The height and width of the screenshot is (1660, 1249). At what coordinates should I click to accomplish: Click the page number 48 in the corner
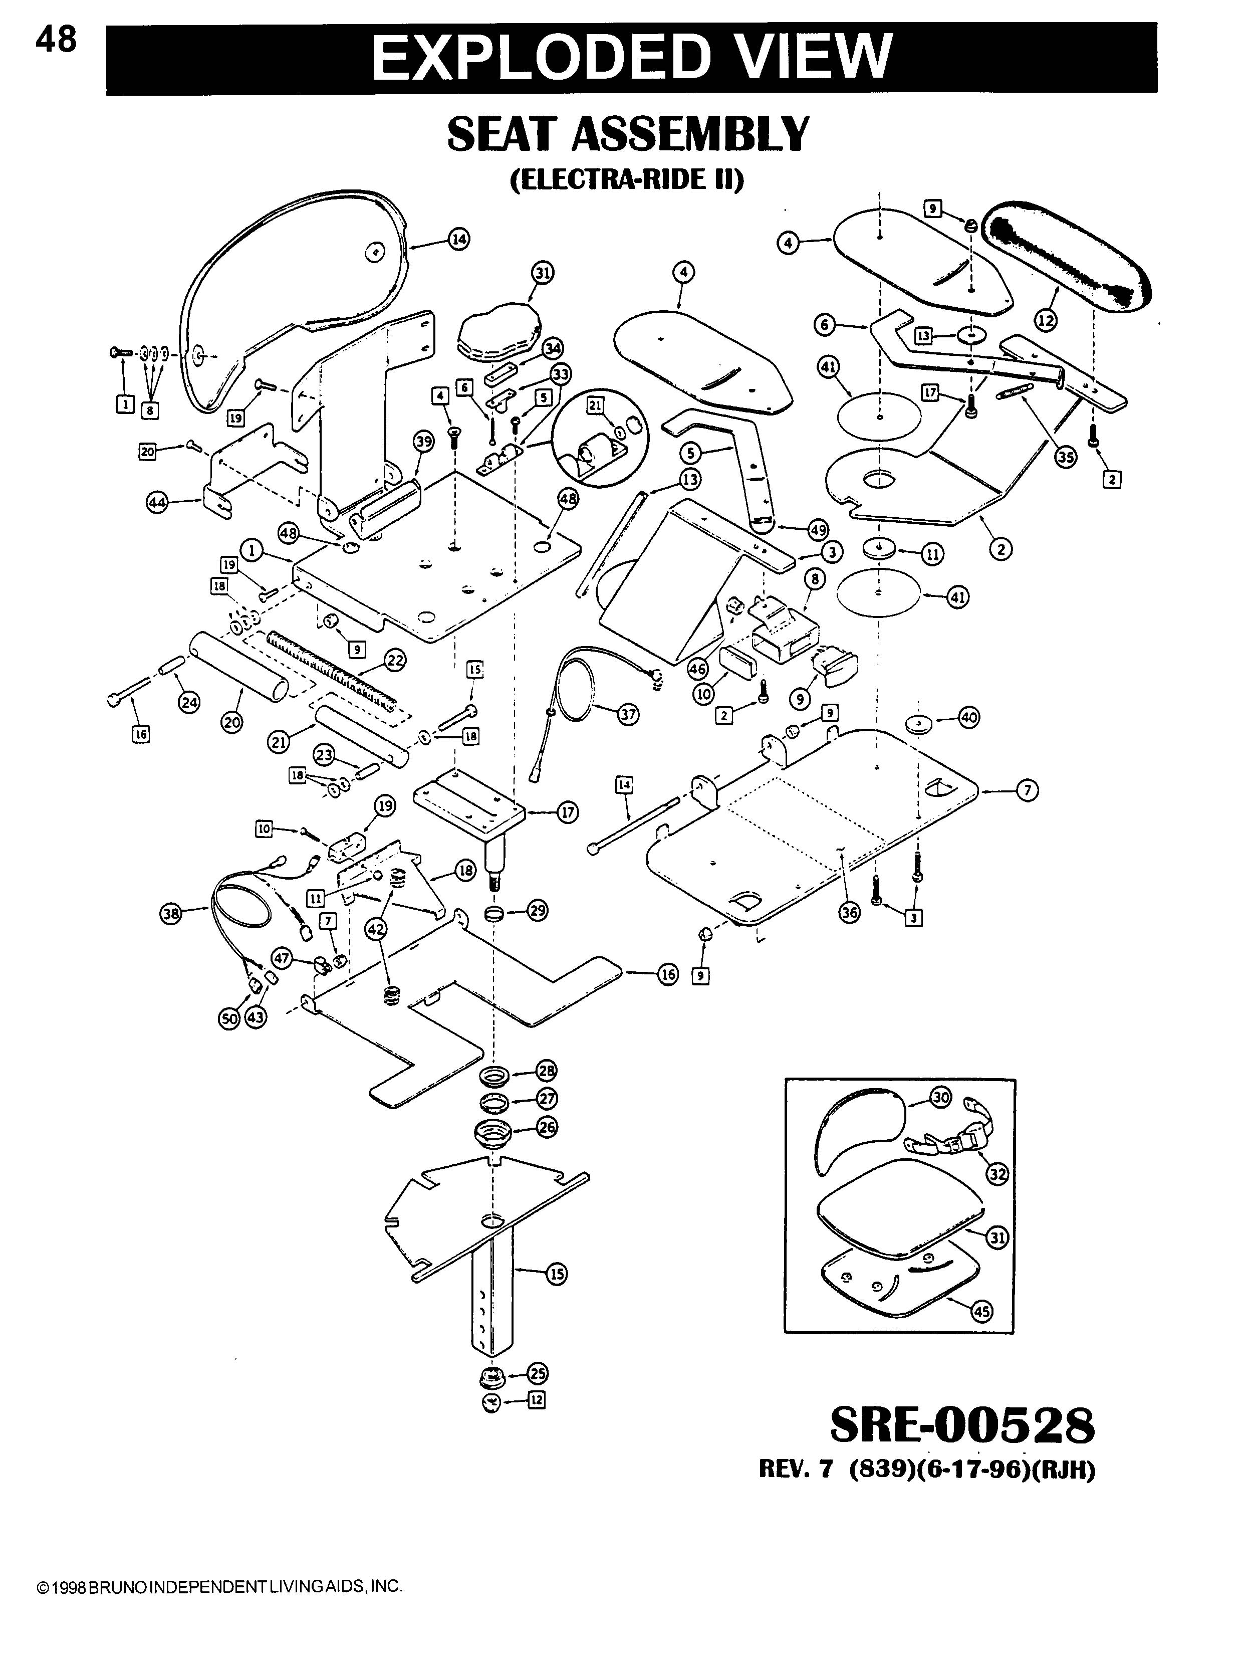pyautogui.click(x=56, y=40)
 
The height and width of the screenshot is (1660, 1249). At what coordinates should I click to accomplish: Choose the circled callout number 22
pyautogui.click(x=395, y=661)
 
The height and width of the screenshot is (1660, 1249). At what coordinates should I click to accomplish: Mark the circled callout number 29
pyautogui.click(x=537, y=912)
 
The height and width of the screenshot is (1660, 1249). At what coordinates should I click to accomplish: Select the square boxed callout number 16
pyautogui.click(x=141, y=735)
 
